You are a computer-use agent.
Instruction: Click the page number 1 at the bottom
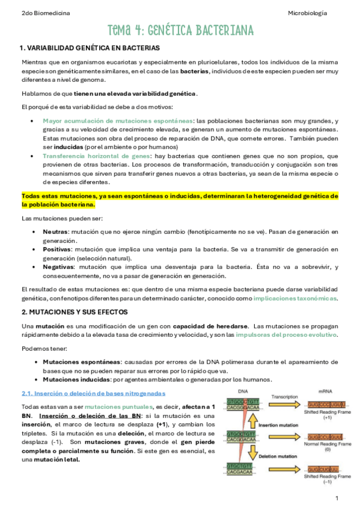click(x=337, y=499)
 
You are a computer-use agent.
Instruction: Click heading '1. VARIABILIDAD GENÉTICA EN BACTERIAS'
click(x=90, y=48)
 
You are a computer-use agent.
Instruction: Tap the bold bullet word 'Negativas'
click(x=59, y=266)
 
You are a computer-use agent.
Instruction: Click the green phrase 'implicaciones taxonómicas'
click(x=295, y=298)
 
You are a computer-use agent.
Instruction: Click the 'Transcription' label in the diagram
click(x=281, y=398)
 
